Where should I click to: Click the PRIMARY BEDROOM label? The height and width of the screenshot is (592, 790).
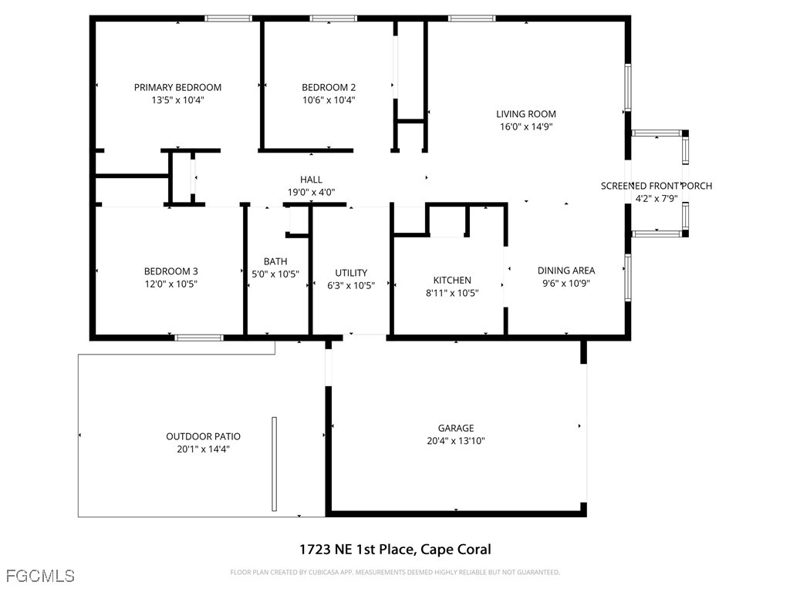coord(177,87)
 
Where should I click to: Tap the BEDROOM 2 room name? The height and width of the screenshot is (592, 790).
coord(329,87)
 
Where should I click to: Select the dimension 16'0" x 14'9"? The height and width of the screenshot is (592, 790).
coord(526,126)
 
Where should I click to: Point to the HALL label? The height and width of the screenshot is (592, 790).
coord(311,179)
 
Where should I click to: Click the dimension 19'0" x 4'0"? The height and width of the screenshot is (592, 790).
coord(311,192)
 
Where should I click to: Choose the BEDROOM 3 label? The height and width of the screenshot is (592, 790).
coord(170,271)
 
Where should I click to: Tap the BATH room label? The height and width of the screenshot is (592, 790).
coord(275,261)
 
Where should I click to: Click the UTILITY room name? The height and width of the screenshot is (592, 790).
coord(351,273)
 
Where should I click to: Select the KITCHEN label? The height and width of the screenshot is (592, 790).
coord(452,280)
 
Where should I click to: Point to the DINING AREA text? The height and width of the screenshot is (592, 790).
coord(565,271)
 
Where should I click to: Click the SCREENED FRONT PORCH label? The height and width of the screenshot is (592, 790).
coord(656,186)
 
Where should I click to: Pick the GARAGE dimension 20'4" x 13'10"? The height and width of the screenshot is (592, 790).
coord(455,440)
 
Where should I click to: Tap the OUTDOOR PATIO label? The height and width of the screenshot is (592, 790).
coord(203,436)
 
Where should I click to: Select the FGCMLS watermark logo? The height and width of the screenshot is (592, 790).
coord(40,575)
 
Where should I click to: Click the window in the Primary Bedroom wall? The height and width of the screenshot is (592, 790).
coord(228,18)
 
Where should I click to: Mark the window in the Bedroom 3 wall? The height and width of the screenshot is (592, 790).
coord(199,338)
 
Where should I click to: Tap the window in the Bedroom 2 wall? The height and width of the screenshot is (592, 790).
coord(333,18)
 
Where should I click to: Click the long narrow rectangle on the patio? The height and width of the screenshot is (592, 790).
coord(274,463)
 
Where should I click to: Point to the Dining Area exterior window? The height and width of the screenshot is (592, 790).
coord(628,277)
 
